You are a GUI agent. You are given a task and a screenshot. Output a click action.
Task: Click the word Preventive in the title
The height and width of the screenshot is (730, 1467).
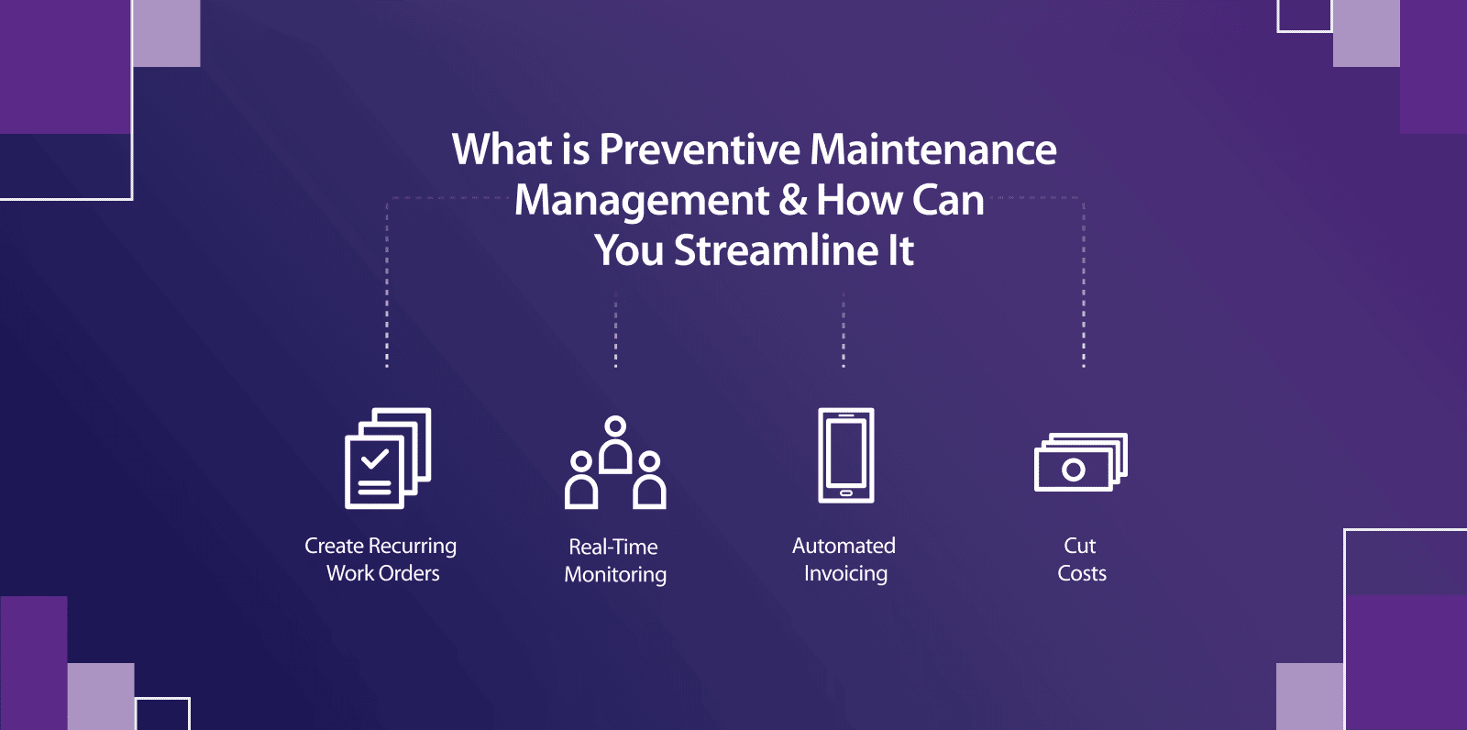700,149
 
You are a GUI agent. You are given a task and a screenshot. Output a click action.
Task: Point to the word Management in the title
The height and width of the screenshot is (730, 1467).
642,200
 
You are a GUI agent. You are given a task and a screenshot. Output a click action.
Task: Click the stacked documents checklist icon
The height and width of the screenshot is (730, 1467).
387,458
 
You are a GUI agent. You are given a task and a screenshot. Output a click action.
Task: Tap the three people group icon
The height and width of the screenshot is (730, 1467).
615,462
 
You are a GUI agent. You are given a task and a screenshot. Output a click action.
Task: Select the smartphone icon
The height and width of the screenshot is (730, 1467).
845,456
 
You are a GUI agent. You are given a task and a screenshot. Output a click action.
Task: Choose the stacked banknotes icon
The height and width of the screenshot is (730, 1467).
1080,462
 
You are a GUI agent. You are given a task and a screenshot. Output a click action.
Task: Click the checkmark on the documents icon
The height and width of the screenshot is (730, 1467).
374,457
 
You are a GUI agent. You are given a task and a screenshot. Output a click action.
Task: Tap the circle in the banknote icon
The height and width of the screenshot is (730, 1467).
1073,470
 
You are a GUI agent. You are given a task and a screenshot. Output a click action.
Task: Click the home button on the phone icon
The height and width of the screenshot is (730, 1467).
845,493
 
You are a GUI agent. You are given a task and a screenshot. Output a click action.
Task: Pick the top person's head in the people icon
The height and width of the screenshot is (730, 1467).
616,426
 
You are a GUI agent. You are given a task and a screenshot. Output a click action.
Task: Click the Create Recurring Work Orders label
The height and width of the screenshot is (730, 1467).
381,559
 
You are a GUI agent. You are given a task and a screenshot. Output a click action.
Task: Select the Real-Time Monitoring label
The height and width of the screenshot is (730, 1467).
614,560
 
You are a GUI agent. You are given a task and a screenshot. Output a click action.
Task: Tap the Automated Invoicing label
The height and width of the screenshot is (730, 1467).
844,559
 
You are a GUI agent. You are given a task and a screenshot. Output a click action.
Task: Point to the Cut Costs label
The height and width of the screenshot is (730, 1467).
1081,559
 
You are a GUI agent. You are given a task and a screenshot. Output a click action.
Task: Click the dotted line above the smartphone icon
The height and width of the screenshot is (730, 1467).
844,330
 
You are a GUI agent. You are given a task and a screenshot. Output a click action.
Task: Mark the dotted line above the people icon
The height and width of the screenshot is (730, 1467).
615,330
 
